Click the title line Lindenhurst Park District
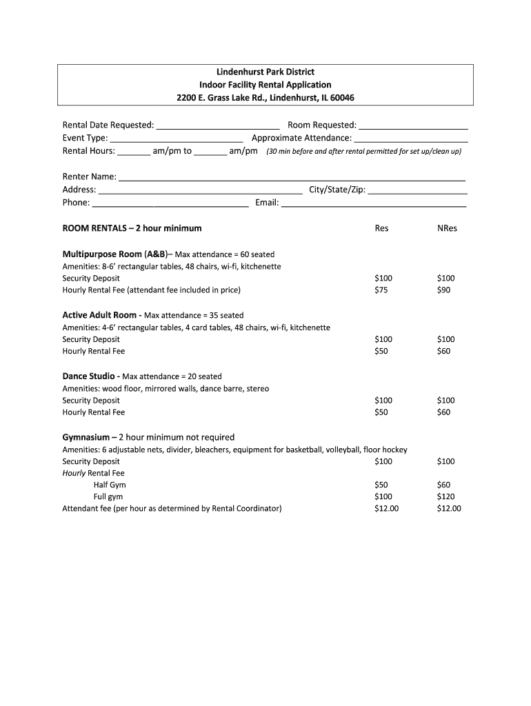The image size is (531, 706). tap(265, 72)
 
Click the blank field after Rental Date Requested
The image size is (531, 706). tap(218, 126)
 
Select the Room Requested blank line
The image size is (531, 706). tap(413, 126)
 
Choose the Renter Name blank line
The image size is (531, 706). tap(292, 178)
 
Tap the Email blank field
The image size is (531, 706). tap(374, 203)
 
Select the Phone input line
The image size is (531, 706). tap(170, 203)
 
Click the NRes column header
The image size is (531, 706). tap(447, 228)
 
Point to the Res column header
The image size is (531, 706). tap(381, 228)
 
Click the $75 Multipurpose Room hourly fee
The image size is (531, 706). tap(381, 290)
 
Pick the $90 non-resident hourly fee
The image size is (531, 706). tap(444, 290)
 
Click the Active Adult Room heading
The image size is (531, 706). tap(99, 315)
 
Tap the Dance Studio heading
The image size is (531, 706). tap(89, 376)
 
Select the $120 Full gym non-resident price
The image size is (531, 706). tap(446, 497)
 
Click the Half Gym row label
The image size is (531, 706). tap(110, 485)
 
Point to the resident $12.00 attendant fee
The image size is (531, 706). tap(386, 509)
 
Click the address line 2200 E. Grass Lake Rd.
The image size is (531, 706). tap(265, 97)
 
